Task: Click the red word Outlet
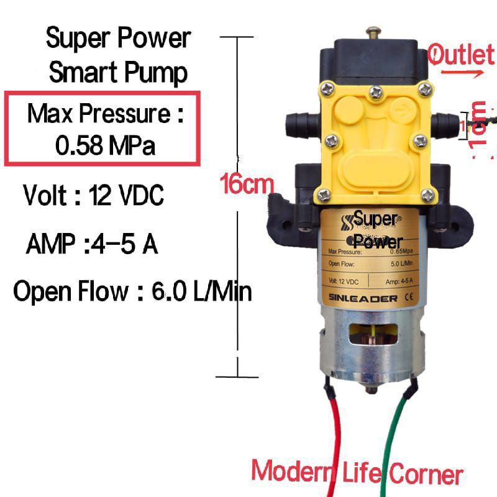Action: [x=461, y=55]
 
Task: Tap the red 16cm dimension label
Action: [x=247, y=183]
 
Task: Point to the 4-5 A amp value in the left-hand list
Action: [x=124, y=244]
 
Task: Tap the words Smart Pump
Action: [x=118, y=73]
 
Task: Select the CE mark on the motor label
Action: [x=410, y=298]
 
